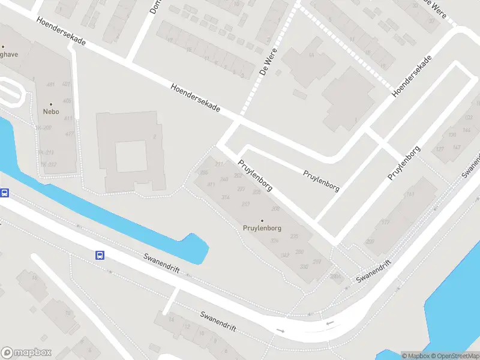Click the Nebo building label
click(x=50, y=111)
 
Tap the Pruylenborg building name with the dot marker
click(x=262, y=228)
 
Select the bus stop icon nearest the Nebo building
click(x=5, y=193)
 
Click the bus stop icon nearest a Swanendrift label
click(x=100, y=255)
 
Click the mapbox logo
click(x=26, y=353)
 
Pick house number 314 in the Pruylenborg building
click(x=226, y=197)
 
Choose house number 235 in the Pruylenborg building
click(x=294, y=236)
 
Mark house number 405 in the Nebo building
click(x=67, y=101)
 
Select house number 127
click(x=440, y=149)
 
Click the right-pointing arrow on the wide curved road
click(x=280, y=331)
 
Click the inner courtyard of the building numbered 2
click(x=131, y=156)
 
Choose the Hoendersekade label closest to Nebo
click(x=61, y=34)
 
